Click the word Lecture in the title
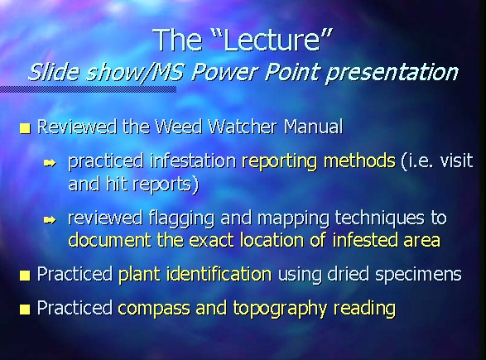tap(272, 40)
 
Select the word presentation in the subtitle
tap(392, 73)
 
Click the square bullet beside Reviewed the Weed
tap(25, 128)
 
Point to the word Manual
tap(313, 127)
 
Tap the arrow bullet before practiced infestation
tap(50, 163)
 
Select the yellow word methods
tap(359, 161)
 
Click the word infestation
tap(193, 161)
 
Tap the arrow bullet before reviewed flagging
tap(50, 220)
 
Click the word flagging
tap(181, 218)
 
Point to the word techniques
tap(379, 218)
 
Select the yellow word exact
tap(211, 240)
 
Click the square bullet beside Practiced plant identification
tap(25, 276)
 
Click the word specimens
tap(418, 275)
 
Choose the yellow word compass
tap(154, 309)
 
